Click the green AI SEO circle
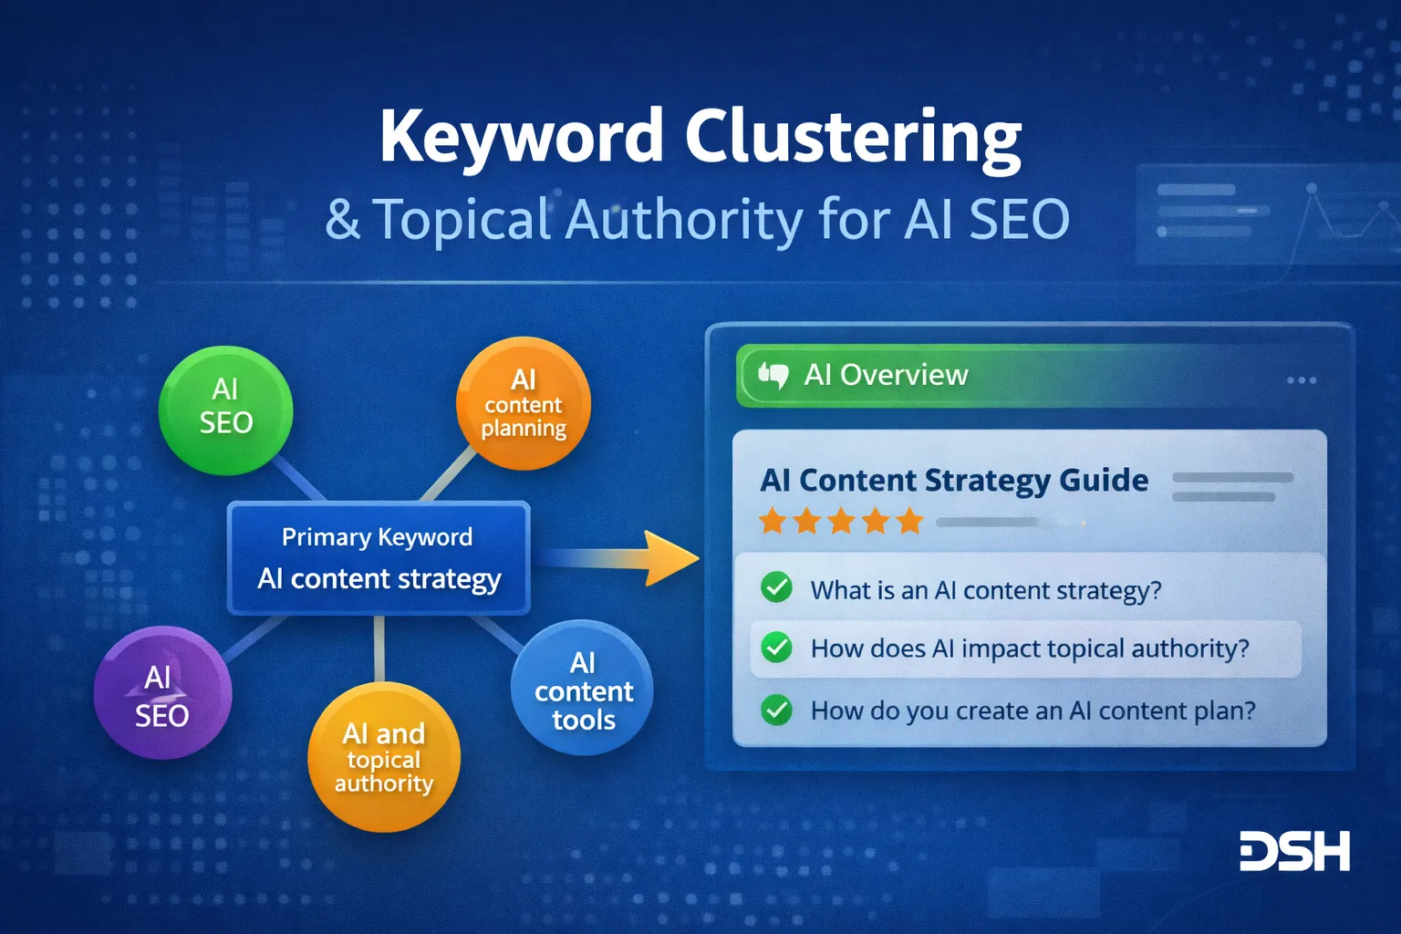[225, 410]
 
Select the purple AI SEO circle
[162, 693]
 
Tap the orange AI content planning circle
[524, 403]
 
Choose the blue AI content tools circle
[582, 689]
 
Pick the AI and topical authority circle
[383, 757]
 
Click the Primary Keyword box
[379, 557]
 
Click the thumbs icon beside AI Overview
[773, 375]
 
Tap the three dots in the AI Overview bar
[1301, 379]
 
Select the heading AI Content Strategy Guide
[954, 480]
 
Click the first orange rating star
[773, 522]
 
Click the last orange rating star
[909, 522]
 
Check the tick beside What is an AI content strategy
[776, 587]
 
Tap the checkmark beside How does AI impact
[776, 648]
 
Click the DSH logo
[1294, 851]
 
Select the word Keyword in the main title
[521, 137]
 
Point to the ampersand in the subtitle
[342, 220]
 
